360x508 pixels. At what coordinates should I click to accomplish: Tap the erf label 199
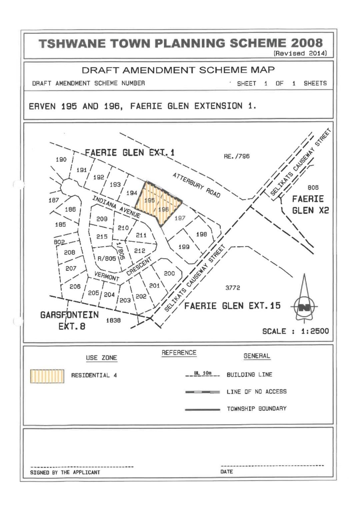184,247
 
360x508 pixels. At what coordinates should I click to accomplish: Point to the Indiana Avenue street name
117,206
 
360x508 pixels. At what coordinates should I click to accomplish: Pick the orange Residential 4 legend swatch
47,376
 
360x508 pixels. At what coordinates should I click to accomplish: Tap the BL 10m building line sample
203,376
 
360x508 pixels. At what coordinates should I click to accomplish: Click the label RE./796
237,157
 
